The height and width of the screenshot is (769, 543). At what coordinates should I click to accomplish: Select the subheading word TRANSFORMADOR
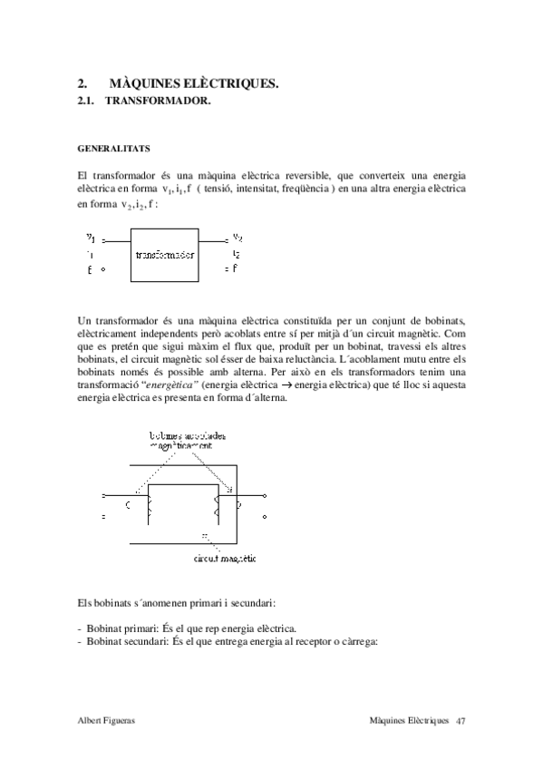(158, 102)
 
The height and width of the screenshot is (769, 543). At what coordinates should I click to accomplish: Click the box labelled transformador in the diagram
(165, 256)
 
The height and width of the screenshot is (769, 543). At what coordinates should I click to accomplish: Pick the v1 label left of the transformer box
(91, 238)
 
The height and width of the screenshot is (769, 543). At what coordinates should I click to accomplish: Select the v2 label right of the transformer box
(237, 239)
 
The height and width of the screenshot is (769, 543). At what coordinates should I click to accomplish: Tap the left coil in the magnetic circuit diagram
(147, 504)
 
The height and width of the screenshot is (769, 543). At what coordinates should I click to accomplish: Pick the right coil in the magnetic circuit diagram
(218, 503)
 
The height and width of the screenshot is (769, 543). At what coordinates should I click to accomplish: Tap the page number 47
(461, 720)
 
